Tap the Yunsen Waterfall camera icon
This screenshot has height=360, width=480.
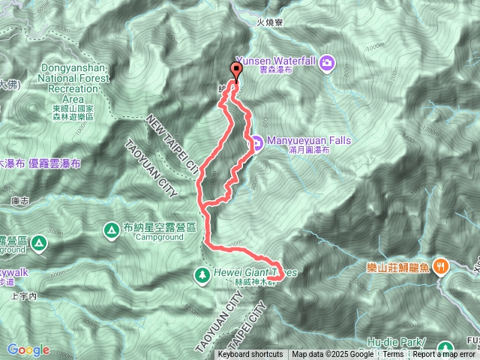pyautogui.click(x=328, y=62)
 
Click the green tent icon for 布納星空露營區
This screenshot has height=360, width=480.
pyautogui.click(x=110, y=229)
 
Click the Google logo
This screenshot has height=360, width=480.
pyautogui.click(x=28, y=349)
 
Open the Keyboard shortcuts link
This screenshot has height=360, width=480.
pyautogui.click(x=250, y=354)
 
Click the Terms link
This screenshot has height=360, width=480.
pyautogui.click(x=393, y=354)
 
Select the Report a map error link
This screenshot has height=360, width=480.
pyautogui.click(x=445, y=354)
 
